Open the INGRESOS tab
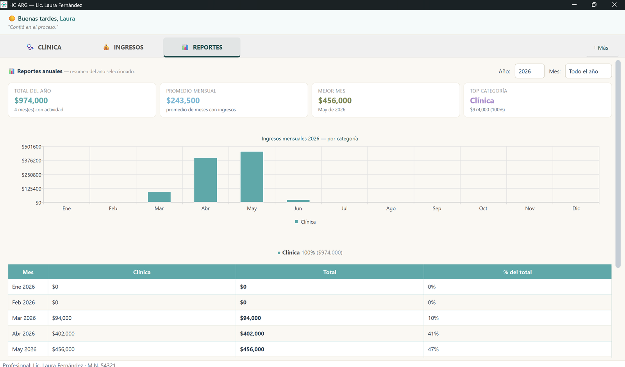[x=123, y=47]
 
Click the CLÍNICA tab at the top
[x=44, y=47]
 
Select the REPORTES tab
[x=202, y=47]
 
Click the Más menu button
[x=601, y=48]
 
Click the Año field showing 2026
[x=529, y=71]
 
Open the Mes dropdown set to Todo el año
[x=588, y=71]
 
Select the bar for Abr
[x=205, y=180]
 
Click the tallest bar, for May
[x=252, y=177]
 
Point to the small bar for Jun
[x=298, y=201]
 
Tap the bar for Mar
[x=159, y=197]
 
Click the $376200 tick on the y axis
[x=32, y=160]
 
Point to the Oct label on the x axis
[x=483, y=208]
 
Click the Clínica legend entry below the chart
[x=305, y=222]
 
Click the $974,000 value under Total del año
[x=31, y=100]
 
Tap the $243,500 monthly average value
[x=183, y=100]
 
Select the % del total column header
[x=517, y=272]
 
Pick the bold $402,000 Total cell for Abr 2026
[x=252, y=333]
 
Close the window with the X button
[x=614, y=5]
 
